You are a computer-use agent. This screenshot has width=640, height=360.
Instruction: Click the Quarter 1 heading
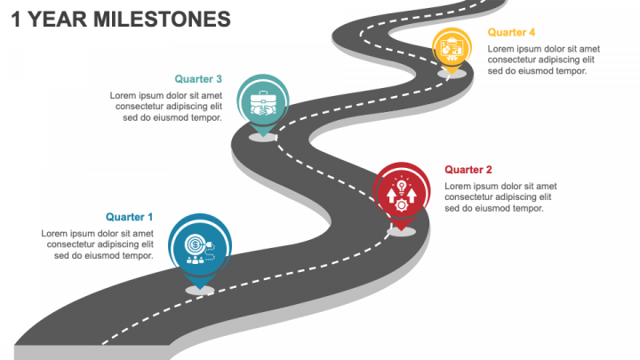pyautogui.click(x=129, y=217)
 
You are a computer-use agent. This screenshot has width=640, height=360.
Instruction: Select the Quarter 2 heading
pyautogui.click(x=468, y=170)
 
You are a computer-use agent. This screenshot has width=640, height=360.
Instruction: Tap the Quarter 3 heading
pyautogui.click(x=198, y=79)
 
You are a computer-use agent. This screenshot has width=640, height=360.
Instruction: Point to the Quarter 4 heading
pyautogui.click(x=511, y=33)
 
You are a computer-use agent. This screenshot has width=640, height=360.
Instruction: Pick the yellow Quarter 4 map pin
pyautogui.click(x=452, y=48)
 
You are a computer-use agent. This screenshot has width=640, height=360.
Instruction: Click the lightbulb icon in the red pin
pyautogui.click(x=402, y=186)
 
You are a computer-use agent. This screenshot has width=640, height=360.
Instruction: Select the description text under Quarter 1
pyautogui.click(x=98, y=244)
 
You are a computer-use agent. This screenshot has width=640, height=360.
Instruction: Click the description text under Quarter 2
pyautogui.click(x=500, y=197)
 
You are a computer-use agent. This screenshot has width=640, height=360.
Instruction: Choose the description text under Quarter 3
pyautogui.click(x=166, y=106)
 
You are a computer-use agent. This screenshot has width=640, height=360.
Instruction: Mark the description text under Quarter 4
pyautogui.click(x=543, y=60)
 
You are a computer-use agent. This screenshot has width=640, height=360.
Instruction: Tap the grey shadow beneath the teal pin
pyautogui.click(x=262, y=137)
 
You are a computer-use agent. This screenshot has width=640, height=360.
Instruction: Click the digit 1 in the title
pyautogui.click(x=18, y=19)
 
